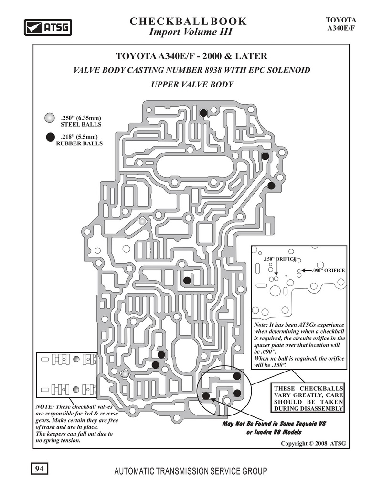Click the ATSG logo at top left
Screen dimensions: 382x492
click(48, 27)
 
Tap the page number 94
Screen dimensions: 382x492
click(40, 469)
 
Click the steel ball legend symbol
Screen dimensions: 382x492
click(50, 118)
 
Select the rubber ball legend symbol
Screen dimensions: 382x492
click(50, 137)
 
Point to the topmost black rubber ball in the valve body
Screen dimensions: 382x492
click(203, 113)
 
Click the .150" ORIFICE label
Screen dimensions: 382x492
click(280, 259)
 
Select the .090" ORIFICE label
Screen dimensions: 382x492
click(329, 270)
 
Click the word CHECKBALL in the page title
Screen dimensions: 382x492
click(169, 22)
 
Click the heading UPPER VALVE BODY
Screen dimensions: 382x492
click(192, 85)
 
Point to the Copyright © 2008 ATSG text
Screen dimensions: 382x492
click(313, 443)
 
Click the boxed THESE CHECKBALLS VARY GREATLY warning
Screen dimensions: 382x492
click(308, 398)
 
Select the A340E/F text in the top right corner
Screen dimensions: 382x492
click(341, 28)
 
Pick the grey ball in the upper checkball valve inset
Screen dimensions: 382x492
click(76, 359)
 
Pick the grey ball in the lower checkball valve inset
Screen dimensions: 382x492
click(76, 389)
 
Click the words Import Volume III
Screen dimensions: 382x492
click(191, 32)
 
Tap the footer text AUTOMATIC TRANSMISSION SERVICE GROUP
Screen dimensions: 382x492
click(191, 471)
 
